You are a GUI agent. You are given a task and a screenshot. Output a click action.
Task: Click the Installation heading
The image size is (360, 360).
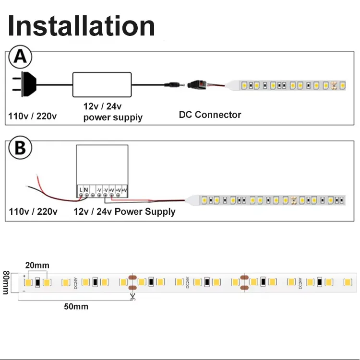[82, 26]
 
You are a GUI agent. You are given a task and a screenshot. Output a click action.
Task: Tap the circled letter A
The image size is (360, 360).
[20, 57]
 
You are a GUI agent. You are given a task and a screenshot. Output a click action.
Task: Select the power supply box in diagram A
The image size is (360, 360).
[102, 85]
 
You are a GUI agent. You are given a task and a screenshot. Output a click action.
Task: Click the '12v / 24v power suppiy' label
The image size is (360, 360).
[113, 112]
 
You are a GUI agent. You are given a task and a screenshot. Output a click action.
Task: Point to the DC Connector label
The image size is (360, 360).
[210, 115]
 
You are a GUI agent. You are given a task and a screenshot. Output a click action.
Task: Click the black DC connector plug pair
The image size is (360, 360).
[192, 85]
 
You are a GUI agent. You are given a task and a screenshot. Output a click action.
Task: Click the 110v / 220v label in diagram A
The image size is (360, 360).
[33, 116]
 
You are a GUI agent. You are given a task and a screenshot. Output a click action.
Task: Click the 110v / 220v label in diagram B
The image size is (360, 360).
[33, 211]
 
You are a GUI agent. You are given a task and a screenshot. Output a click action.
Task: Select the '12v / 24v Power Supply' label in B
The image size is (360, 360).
[124, 211]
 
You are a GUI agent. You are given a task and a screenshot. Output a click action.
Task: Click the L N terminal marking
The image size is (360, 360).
[84, 190]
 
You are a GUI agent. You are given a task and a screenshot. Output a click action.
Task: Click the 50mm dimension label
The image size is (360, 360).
[76, 306]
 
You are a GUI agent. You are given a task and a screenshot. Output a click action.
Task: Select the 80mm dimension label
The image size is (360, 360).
[6, 283]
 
